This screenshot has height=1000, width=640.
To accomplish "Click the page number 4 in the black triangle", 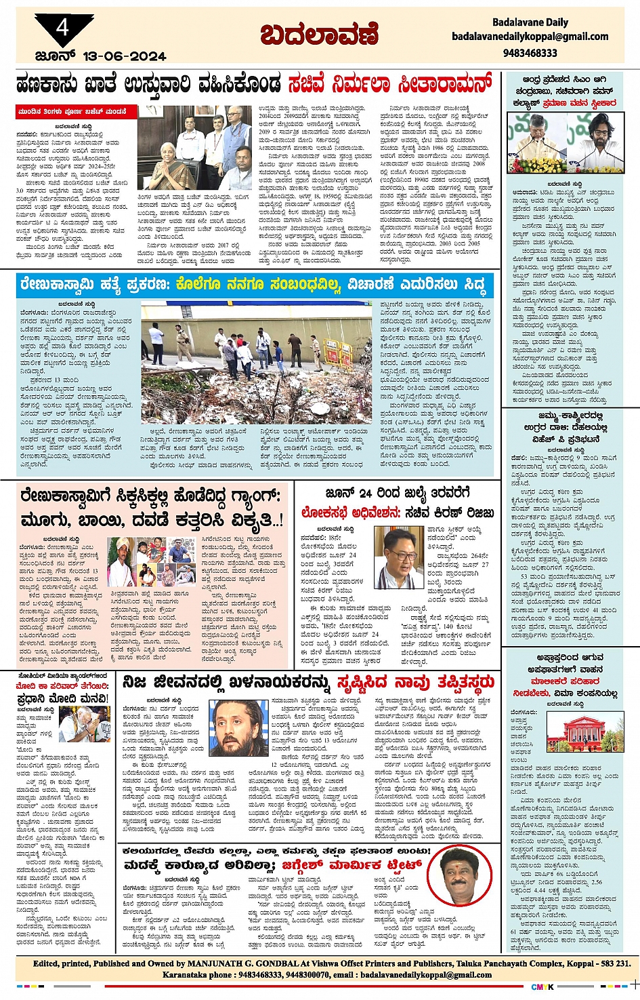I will pos(62,28).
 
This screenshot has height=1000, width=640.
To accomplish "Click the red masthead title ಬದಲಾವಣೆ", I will pos(319,35).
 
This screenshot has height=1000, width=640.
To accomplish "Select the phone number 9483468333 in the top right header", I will pos(530,52).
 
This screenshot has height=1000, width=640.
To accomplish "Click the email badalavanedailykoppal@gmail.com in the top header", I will pos(530,37).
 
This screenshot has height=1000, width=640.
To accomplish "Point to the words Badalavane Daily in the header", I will pos(530,22).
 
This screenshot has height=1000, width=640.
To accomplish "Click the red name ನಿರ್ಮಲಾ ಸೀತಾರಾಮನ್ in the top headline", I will pos(389,85).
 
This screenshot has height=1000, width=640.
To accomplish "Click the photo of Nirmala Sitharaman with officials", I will pos(195,147).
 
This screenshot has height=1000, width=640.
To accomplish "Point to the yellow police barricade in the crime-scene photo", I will pos(338,349).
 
